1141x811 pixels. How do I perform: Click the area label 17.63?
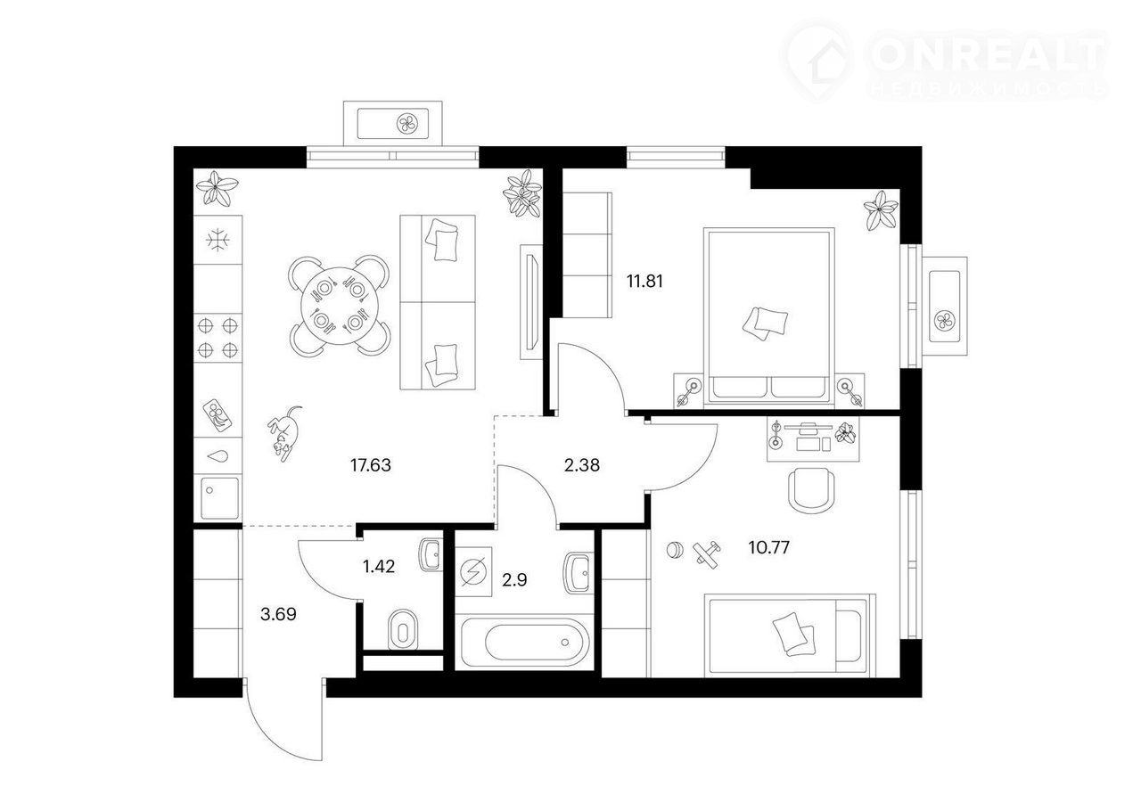(370, 465)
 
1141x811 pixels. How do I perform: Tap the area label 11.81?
(644, 282)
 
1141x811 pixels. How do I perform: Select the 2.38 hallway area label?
(582, 465)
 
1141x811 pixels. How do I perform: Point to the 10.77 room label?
(768, 547)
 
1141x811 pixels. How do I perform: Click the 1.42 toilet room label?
(379, 567)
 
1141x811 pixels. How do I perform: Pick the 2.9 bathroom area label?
(514, 579)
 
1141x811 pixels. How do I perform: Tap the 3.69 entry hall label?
(278, 614)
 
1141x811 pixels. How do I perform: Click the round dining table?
(340, 306)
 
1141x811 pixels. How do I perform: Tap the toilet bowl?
(402, 630)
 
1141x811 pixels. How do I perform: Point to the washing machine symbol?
(473, 572)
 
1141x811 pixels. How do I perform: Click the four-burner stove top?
(218, 338)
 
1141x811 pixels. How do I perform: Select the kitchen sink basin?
(219, 498)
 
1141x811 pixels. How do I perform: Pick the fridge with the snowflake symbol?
(218, 240)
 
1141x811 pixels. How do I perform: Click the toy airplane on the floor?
(707, 553)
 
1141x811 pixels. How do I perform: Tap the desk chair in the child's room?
(811, 490)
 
